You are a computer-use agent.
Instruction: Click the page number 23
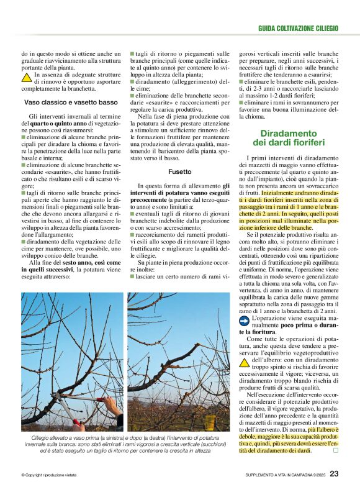click(x=334, y=473)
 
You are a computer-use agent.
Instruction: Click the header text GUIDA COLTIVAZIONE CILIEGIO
click(x=298, y=29)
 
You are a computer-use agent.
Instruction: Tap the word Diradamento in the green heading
click(x=288, y=133)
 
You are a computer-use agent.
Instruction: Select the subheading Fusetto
click(x=179, y=171)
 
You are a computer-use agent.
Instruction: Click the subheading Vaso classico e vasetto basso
click(x=70, y=102)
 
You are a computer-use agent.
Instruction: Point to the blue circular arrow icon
click(x=245, y=321)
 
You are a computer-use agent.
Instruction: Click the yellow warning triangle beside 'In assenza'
click(x=27, y=78)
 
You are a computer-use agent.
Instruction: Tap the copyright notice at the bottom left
click(x=51, y=475)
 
